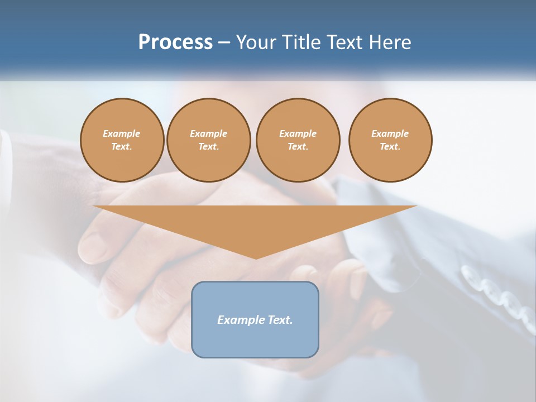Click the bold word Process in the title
pos(175,42)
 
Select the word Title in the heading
pos(300,42)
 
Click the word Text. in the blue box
pos(279,320)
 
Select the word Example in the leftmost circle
pos(122,133)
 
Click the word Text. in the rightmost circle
pos(390,146)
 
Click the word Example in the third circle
pos(298,133)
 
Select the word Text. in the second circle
pos(208,146)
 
